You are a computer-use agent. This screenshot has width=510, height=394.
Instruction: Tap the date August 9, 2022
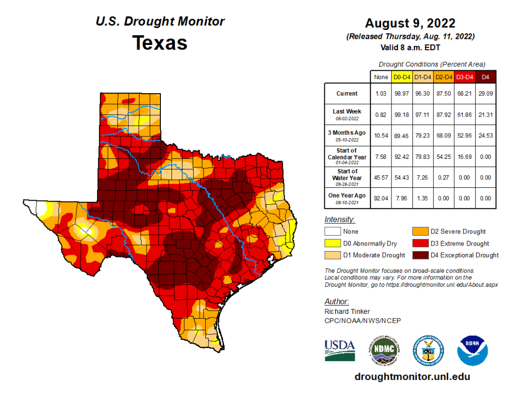coord(409,23)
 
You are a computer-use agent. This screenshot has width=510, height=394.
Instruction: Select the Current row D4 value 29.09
coord(486,93)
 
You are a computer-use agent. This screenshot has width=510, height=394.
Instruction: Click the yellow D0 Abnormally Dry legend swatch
coord(332,244)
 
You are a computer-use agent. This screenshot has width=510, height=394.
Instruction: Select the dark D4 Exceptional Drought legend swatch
coord(420,255)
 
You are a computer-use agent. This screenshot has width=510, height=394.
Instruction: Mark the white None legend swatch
coord(332,232)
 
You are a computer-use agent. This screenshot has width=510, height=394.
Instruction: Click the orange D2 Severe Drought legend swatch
coord(420,232)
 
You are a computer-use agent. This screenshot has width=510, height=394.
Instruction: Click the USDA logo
coord(340,349)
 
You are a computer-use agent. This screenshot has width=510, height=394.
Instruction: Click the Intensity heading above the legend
coord(340,219)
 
